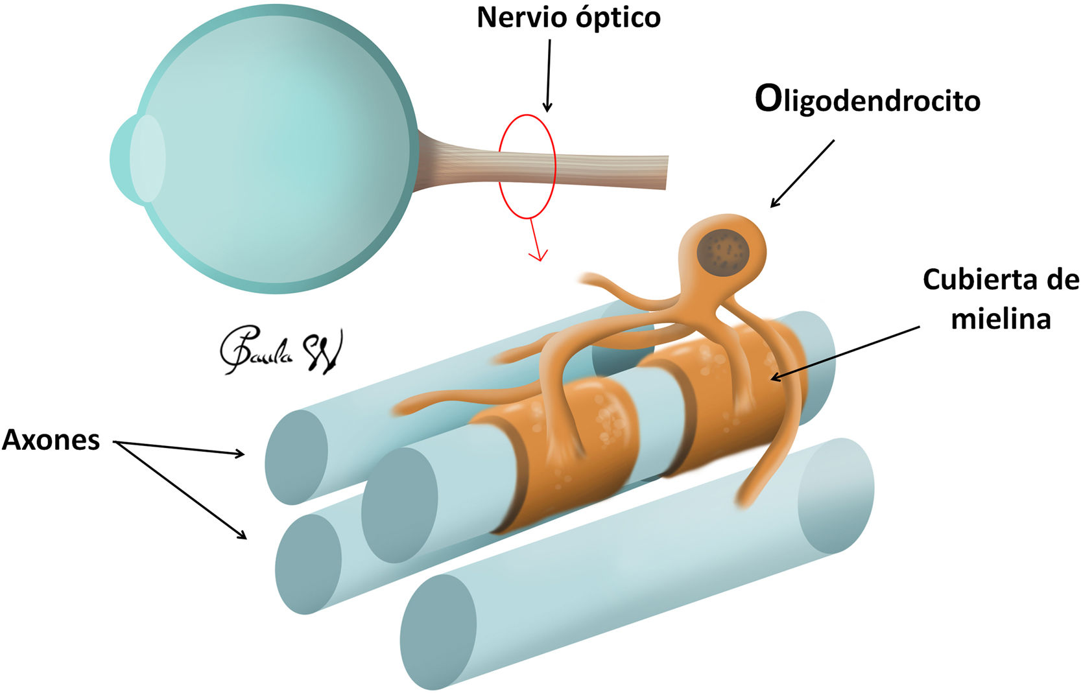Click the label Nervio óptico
[x=569, y=18]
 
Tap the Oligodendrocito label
[x=867, y=100]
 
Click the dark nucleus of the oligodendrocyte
[x=723, y=251]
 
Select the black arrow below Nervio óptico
[x=548, y=75]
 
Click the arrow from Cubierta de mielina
[x=843, y=353]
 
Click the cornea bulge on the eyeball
[x=137, y=159]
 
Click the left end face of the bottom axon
[x=438, y=632]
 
